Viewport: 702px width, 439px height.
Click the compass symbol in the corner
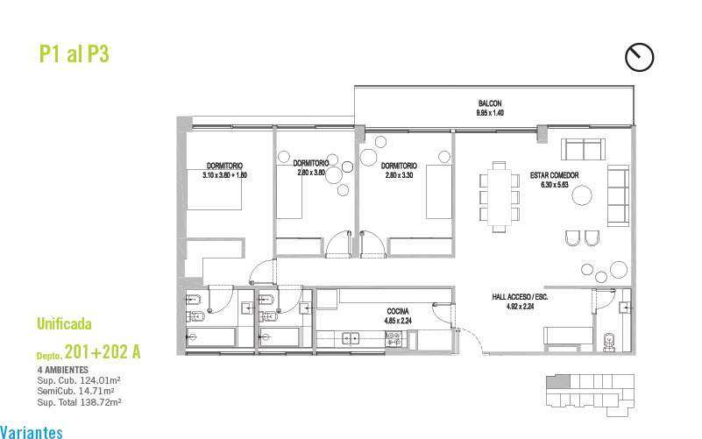[x=639, y=57]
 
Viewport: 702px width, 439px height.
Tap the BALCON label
[x=490, y=103]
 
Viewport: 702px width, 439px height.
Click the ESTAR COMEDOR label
[x=554, y=175]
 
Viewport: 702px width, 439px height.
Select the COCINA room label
[x=398, y=311]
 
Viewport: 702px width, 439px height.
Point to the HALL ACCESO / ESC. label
[x=520, y=297]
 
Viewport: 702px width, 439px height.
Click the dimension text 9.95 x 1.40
[x=490, y=113]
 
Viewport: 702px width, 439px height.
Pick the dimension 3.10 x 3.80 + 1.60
[x=224, y=175]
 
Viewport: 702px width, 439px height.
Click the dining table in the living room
[x=500, y=197]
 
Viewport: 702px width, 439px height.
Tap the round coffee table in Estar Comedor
[x=582, y=195]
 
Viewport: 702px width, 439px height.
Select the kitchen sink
[x=350, y=338]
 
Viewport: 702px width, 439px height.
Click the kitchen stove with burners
[x=394, y=339]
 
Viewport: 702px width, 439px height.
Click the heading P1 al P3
[x=74, y=53]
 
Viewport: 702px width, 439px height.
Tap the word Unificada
[x=64, y=323]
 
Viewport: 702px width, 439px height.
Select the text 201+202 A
[x=103, y=351]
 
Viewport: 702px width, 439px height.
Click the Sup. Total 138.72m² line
[x=79, y=402]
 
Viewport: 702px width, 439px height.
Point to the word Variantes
[x=32, y=432]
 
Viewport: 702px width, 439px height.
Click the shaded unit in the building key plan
[x=558, y=382]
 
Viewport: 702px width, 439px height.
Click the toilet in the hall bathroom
[x=609, y=342]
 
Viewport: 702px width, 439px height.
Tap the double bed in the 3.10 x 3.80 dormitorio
[x=214, y=189]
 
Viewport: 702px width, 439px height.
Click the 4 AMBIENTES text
[x=63, y=370]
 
